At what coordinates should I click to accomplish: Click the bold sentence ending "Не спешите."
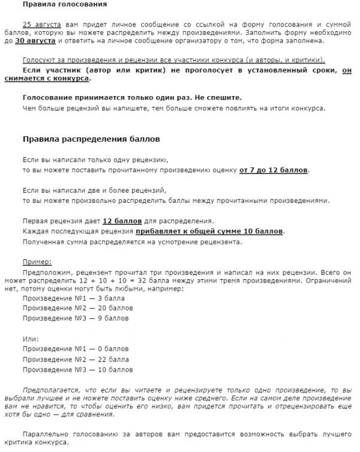coord(132,97)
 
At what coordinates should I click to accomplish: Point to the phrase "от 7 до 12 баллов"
coord(274,170)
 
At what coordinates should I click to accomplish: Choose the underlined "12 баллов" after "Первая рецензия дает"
coord(122,221)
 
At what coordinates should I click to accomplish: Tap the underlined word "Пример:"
coord(37,262)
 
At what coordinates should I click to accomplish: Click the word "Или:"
coord(31,339)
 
